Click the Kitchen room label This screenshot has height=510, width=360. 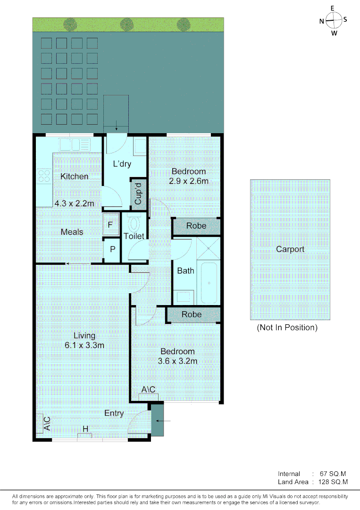coord(74,176)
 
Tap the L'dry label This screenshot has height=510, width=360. coord(122,164)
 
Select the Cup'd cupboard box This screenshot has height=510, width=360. coord(138,194)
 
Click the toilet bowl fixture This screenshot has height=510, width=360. coord(135,222)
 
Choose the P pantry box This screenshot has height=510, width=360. coord(112,248)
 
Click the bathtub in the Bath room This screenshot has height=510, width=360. coord(209,282)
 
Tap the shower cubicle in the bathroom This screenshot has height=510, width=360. coord(207,249)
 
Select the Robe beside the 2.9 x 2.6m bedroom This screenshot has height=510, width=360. coord(196,226)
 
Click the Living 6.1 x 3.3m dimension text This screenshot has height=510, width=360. coord(84,345)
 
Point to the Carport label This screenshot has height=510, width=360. coord(290,249)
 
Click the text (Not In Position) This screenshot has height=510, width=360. coord(287,327)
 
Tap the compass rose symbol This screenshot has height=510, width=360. coord(333,20)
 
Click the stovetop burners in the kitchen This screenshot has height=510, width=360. coord(44,176)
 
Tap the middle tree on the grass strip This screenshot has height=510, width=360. coord(126,24)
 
